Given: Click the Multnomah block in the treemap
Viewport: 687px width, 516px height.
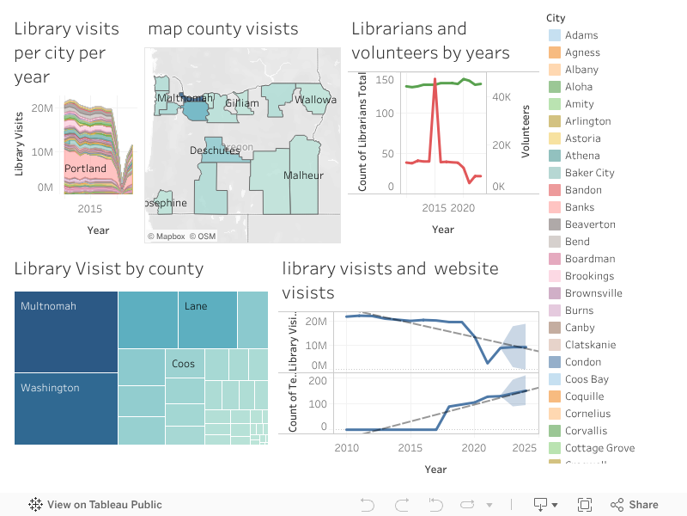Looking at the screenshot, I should [66, 331].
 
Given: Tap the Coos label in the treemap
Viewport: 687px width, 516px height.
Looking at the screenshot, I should [183, 364].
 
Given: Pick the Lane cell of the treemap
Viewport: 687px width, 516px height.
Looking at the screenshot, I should [207, 318].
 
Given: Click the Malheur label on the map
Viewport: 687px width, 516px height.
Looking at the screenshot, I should [303, 175].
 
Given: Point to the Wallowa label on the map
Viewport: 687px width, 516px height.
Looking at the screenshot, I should [315, 100].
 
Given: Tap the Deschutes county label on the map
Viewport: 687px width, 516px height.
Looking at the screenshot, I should [215, 150].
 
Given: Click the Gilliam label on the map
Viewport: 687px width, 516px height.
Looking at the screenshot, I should [241, 103].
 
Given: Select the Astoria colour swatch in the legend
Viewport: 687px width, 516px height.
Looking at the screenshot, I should [555, 138].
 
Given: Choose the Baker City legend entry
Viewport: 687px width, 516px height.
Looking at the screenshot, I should [589, 173].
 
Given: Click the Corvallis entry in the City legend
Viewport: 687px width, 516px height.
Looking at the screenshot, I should [586, 431].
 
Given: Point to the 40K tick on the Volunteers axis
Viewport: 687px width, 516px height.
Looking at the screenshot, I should [502, 98].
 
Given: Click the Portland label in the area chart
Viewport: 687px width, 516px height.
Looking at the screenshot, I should [86, 169].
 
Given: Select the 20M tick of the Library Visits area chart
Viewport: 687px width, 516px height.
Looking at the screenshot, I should [42, 108].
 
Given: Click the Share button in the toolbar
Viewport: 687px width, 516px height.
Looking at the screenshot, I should [635, 505].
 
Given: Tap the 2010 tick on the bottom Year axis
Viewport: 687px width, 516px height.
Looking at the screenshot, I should [347, 448].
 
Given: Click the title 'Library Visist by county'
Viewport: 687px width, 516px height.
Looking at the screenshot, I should [109, 268].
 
